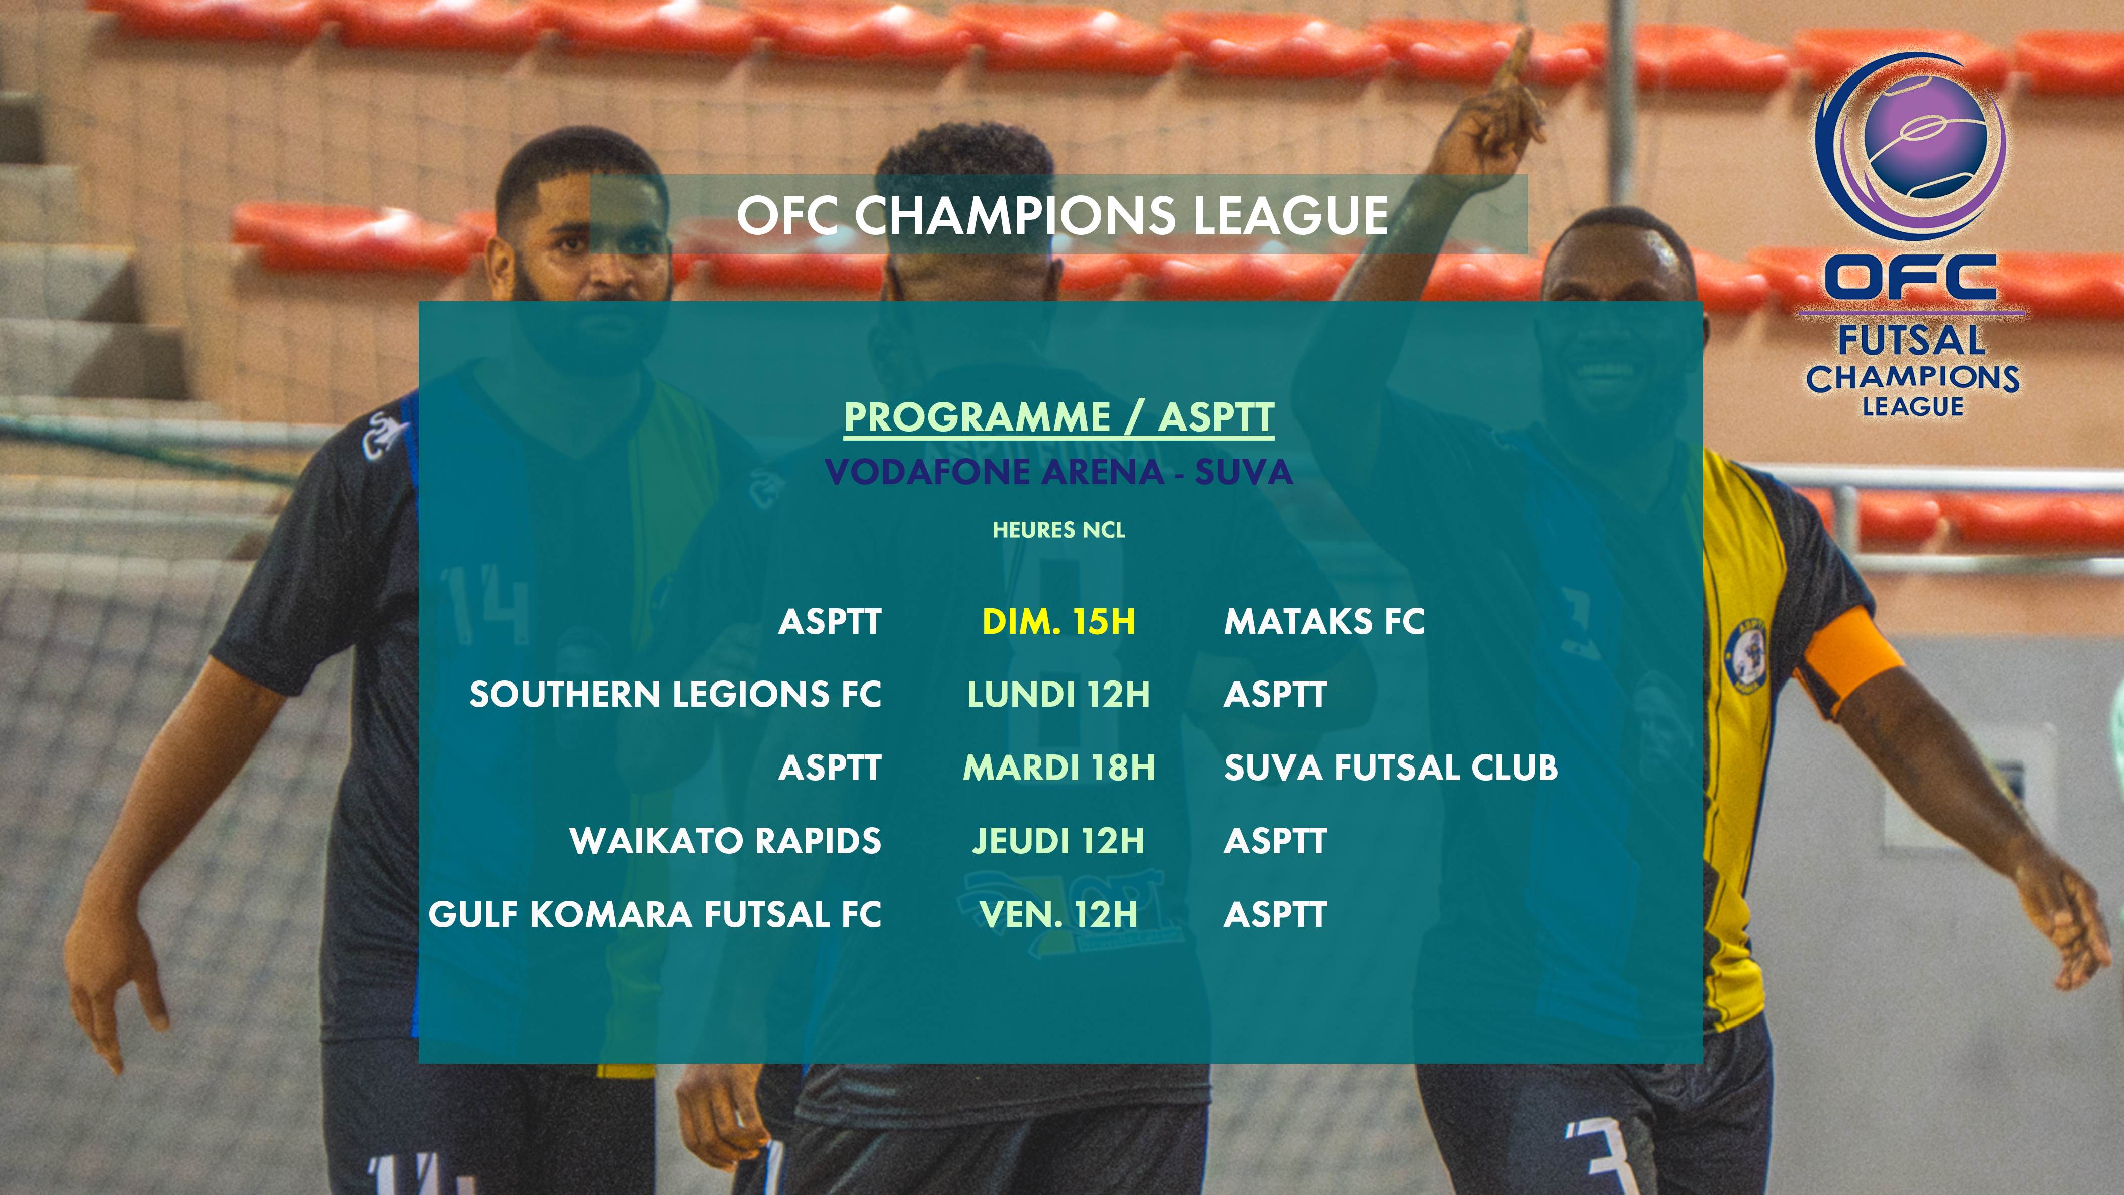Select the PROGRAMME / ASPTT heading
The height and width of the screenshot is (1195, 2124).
point(1058,417)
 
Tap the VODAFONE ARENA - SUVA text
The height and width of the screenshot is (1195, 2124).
point(1058,472)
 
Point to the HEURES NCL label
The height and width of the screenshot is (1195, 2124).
point(1058,530)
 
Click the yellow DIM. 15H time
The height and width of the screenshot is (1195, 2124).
point(1058,621)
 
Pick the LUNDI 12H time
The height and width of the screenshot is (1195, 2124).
point(1058,695)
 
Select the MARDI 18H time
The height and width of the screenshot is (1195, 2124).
point(1058,768)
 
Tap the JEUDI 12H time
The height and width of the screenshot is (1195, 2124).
point(1058,841)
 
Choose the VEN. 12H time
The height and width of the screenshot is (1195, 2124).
point(1058,914)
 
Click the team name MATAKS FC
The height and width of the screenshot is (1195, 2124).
point(1324,621)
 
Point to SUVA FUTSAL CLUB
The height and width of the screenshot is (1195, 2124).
point(1391,768)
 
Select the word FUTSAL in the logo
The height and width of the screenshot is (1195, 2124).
point(1911,340)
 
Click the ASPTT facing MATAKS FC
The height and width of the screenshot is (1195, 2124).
point(830,621)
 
